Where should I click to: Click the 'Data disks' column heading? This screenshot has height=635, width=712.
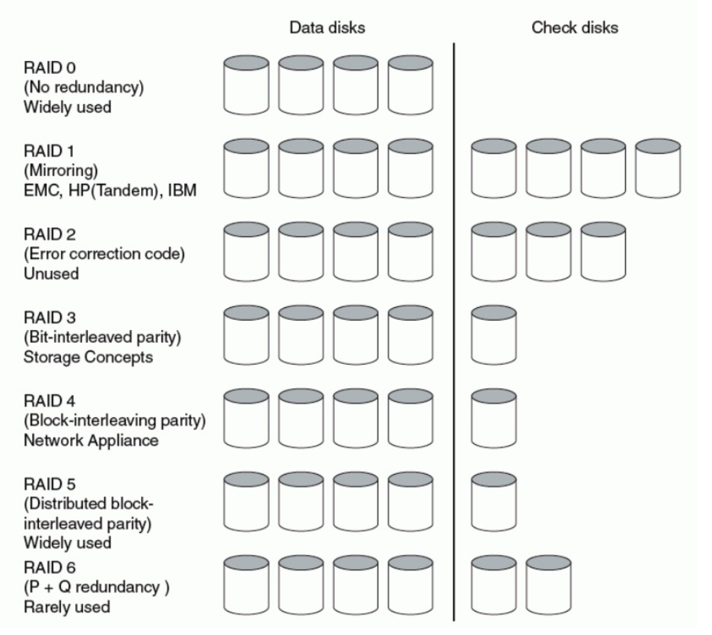[x=327, y=28]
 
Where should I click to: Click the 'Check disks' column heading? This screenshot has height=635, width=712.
[x=575, y=28]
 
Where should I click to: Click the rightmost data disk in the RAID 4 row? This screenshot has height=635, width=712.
[x=412, y=420]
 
